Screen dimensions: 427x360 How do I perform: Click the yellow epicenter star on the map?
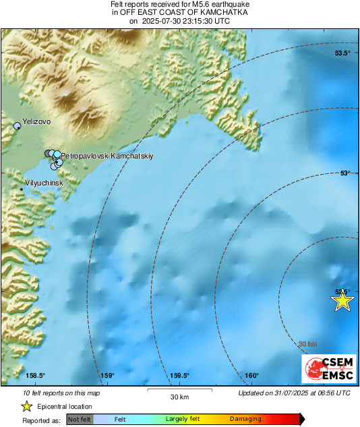pos(342,301)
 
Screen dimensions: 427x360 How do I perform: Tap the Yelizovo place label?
pos(37,122)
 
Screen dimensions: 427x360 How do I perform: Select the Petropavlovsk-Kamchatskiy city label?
pos(108,156)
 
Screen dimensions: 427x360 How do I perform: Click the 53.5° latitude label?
pos(343,53)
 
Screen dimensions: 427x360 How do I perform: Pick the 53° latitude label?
pos(344,173)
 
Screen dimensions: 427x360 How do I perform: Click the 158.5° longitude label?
pos(35,376)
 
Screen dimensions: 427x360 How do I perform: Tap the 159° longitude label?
pos(107,376)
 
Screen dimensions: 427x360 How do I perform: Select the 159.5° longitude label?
pos(179,376)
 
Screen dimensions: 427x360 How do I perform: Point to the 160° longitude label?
pos(251,376)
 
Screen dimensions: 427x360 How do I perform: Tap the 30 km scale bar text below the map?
pos(179,395)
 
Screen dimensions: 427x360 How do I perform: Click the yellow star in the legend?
pos(26,406)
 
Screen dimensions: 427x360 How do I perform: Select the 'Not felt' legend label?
pos(80,420)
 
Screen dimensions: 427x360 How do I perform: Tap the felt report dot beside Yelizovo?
pos(18,125)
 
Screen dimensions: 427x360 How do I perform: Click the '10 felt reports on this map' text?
pos(61,393)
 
